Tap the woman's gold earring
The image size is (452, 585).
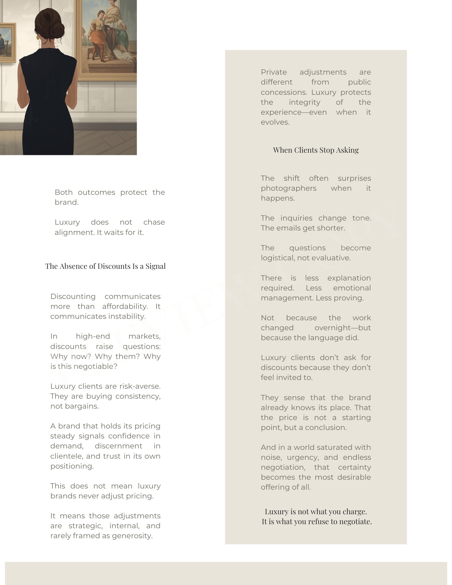tap(37, 37)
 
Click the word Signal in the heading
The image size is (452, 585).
tap(156, 266)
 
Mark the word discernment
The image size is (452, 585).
tap(118, 446)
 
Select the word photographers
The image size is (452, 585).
tap(288, 188)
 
